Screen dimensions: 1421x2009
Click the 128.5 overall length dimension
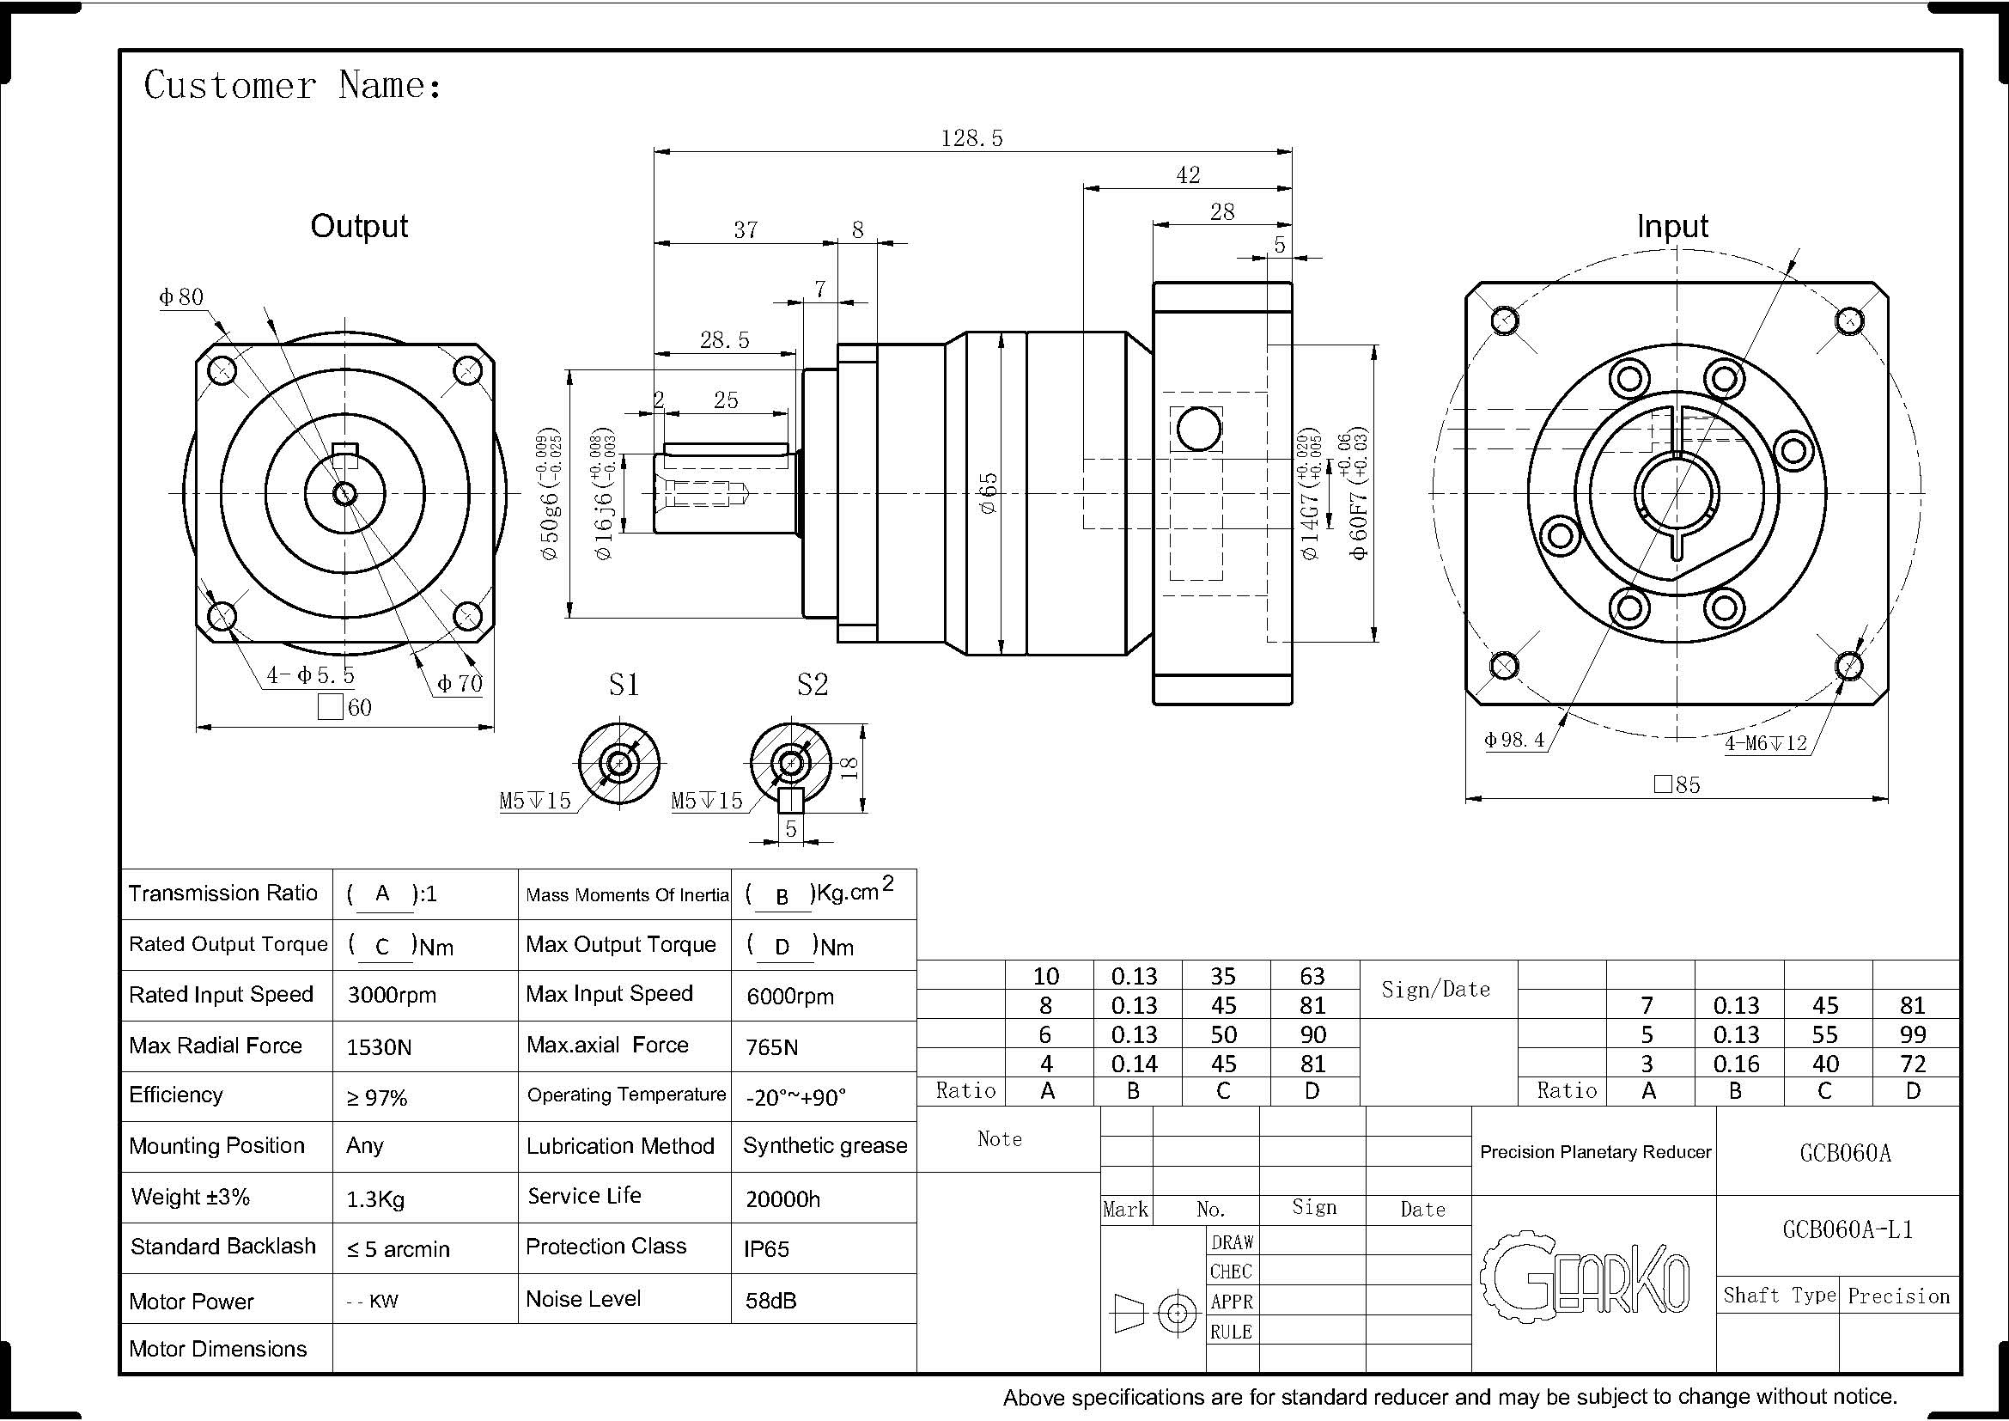pos(971,138)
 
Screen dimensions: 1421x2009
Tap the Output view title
pos(359,226)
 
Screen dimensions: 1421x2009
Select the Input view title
pos(1672,226)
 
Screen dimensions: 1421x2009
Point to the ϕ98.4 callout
pos(1513,740)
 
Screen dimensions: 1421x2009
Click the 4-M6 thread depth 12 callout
pos(1766,743)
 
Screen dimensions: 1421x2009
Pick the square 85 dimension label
pos(1677,785)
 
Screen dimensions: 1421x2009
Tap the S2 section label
pos(812,684)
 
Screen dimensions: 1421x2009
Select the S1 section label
pos(624,684)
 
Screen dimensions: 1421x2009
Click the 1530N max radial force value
pos(379,1047)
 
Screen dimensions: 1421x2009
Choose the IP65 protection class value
pos(766,1248)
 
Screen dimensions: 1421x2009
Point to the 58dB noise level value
pos(770,1300)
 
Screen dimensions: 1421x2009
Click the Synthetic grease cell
pos(825,1145)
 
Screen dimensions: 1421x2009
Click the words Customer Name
pos(292,86)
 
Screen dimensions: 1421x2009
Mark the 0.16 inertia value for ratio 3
pos(1736,1064)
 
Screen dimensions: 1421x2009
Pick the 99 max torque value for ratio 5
pos(1913,1034)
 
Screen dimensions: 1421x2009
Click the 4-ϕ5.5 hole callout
pos(311,675)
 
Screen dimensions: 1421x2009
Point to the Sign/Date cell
pos(1435,989)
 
